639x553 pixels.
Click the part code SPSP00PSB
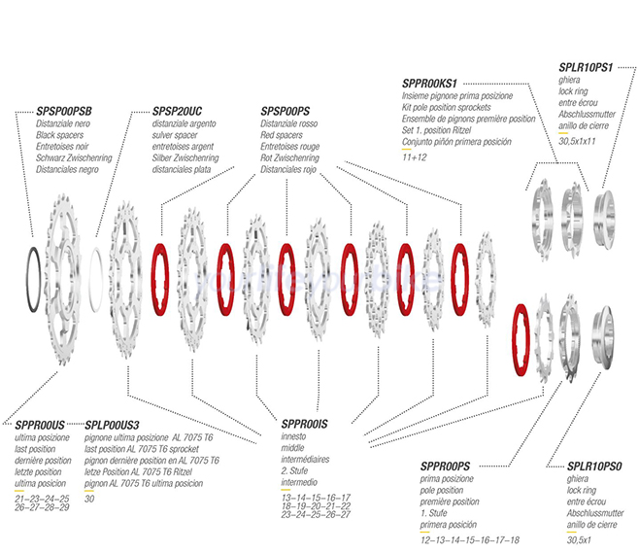tap(64, 111)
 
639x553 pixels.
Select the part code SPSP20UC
tap(177, 111)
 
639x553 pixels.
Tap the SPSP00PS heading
tap(285, 111)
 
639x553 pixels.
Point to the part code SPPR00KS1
tap(429, 84)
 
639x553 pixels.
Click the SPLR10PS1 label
tap(586, 68)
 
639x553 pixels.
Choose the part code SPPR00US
tap(40, 426)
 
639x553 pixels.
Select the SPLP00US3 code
tap(112, 426)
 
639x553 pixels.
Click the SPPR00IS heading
tap(304, 424)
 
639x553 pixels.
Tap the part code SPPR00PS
tap(445, 467)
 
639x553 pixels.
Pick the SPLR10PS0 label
tap(594, 467)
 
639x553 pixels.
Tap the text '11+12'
tap(414, 157)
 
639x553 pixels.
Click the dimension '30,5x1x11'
tap(577, 141)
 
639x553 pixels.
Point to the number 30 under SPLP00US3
tap(89, 499)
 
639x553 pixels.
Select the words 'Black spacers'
tap(59, 135)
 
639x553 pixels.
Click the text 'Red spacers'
tap(282, 135)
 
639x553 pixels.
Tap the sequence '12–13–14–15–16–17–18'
tap(470, 540)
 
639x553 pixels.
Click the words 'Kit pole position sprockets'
tap(447, 107)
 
